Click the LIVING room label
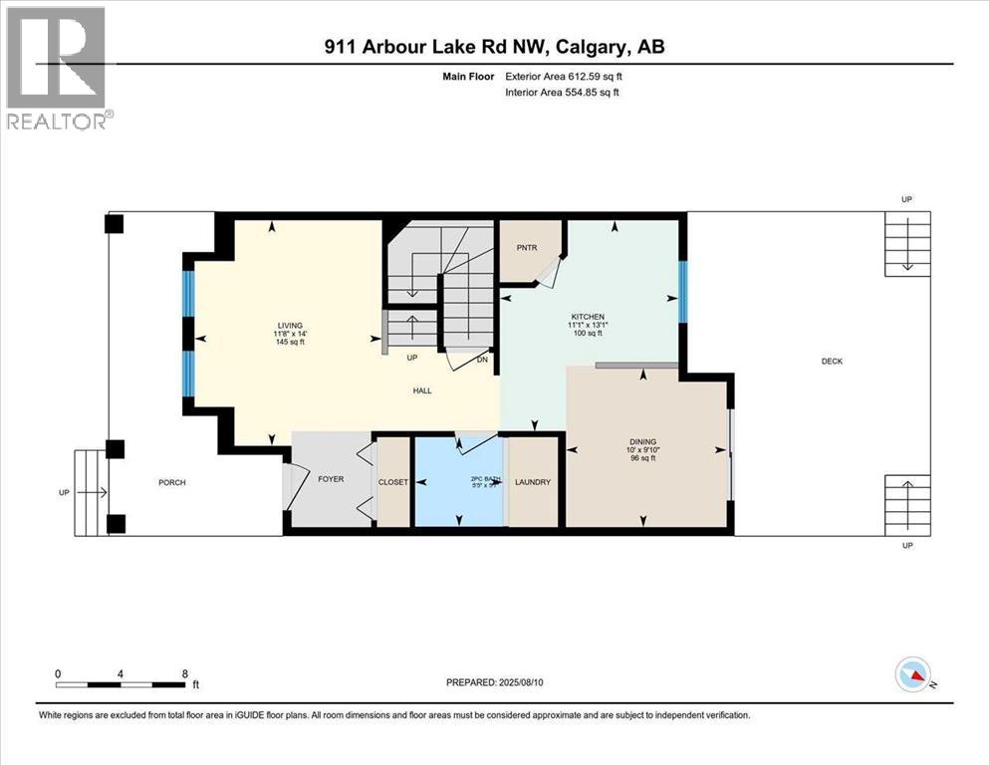pyautogui.click(x=290, y=325)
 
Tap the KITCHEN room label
pyautogui.click(x=589, y=317)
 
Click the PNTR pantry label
pyautogui.click(x=528, y=246)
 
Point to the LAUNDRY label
pyautogui.click(x=533, y=482)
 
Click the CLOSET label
pyautogui.click(x=393, y=482)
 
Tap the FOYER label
pyautogui.click(x=331, y=479)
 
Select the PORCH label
pyautogui.click(x=172, y=483)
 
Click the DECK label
pyautogui.click(x=832, y=361)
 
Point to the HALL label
pyautogui.click(x=422, y=390)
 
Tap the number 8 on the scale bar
pyautogui.click(x=184, y=673)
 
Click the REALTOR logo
pyautogui.click(x=57, y=67)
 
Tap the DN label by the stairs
pyautogui.click(x=483, y=360)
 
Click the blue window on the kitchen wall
pyautogui.click(x=682, y=292)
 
